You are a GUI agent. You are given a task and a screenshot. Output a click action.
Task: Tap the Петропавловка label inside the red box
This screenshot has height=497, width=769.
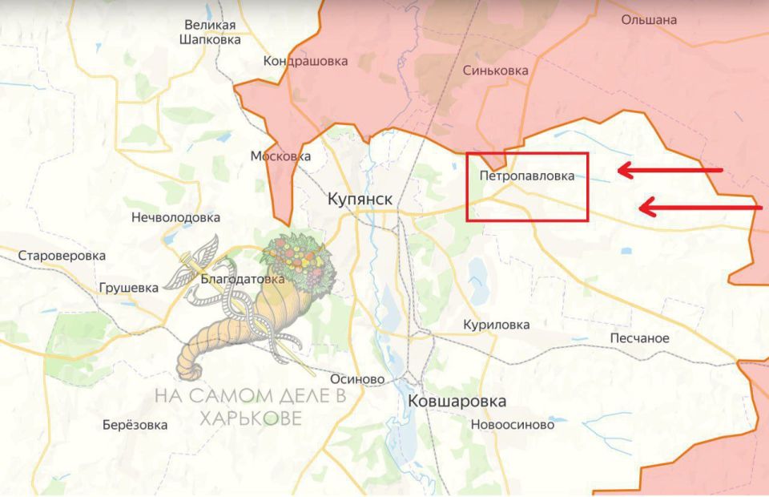(526, 176)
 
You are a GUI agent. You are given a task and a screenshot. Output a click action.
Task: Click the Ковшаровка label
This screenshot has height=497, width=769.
(457, 400)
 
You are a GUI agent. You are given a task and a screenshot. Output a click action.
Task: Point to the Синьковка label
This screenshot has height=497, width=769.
(495, 71)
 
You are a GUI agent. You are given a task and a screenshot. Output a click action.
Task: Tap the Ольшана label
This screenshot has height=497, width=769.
(649, 19)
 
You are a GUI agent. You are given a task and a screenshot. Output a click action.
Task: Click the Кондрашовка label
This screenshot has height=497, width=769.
(306, 61)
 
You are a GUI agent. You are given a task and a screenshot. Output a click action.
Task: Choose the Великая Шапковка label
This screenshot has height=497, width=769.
(209, 31)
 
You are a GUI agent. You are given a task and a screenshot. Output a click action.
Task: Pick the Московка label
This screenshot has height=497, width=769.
(280, 156)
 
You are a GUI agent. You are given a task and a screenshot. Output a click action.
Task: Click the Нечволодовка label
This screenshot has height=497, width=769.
(175, 217)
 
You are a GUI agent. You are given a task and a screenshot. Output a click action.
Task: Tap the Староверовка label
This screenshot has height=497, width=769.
(62, 256)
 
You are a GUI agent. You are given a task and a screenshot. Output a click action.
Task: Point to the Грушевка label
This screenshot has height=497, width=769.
(128, 288)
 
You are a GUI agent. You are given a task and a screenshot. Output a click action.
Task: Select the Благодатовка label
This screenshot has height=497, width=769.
(242, 280)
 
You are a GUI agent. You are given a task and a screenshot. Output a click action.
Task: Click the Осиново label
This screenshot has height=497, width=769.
(357, 379)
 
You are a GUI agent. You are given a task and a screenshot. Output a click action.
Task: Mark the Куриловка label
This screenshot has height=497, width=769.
(496, 325)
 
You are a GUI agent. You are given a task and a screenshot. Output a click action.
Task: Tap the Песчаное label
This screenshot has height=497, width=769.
(639, 337)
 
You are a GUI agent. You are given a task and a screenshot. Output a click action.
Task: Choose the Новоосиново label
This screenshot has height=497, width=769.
(513, 425)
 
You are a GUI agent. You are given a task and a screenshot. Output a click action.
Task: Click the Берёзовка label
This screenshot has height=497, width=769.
(135, 425)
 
